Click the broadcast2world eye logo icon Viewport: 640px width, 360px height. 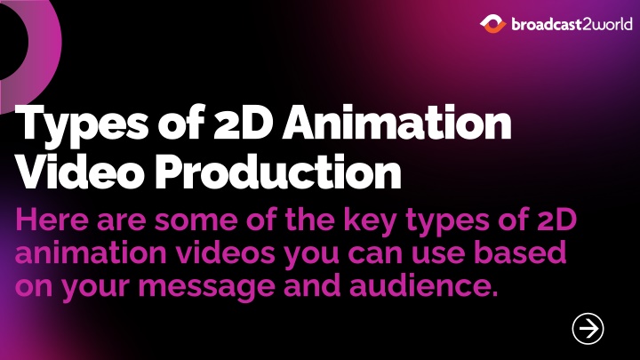492,24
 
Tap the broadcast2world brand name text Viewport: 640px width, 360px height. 572,25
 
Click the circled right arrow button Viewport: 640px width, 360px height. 588,329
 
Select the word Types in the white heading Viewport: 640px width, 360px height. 82,124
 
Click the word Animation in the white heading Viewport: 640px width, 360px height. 396,122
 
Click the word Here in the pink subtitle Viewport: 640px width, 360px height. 52,220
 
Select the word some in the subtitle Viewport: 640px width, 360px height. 196,220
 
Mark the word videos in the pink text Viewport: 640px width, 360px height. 226,252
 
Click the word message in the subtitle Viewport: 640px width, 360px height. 206,288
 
